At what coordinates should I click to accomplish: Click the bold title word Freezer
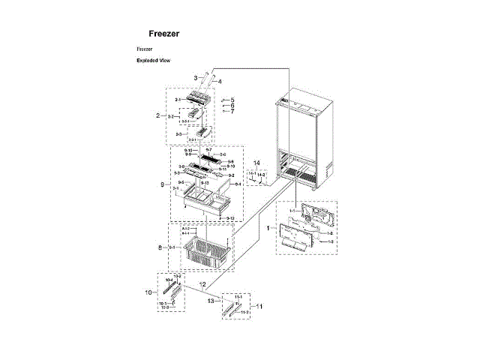(163, 34)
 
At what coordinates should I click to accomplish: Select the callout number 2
(158, 116)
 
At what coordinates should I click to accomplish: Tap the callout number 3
(195, 78)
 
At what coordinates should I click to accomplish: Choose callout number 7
(232, 112)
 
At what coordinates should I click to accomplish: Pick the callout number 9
(161, 184)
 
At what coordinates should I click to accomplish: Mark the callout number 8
(160, 247)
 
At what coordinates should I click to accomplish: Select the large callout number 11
(260, 306)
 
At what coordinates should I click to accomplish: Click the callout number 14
(256, 163)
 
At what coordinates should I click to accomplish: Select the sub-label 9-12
(230, 218)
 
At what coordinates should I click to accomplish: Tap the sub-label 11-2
(244, 311)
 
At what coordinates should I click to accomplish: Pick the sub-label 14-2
(262, 174)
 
